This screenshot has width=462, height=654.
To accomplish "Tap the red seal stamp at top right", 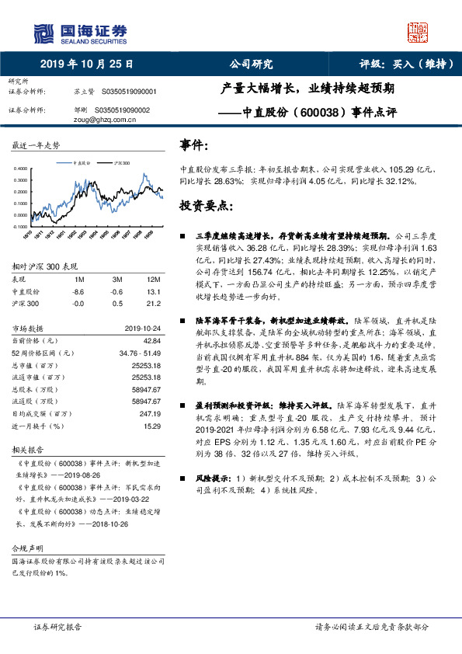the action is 417,32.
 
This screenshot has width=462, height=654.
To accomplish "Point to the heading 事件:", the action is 193,144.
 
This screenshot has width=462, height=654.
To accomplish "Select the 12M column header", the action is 153,278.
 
